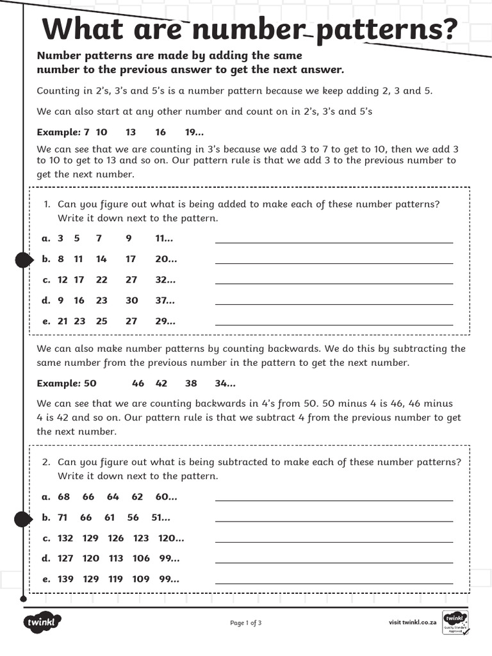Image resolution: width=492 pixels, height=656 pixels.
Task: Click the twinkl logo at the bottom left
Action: click(x=42, y=622)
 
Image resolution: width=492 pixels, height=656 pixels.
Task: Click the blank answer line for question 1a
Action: click(x=333, y=242)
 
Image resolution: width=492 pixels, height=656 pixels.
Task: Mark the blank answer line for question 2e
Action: click(x=333, y=582)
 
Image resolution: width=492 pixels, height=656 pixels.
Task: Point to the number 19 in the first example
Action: click(x=192, y=132)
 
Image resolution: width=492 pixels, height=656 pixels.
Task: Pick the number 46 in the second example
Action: click(x=138, y=384)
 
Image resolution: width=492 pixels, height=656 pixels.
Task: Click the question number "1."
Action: click(x=47, y=204)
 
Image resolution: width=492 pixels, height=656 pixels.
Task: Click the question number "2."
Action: click(x=47, y=462)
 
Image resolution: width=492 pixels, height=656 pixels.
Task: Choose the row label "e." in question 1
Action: click(x=46, y=322)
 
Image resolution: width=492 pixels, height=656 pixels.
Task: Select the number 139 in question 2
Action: click(x=65, y=579)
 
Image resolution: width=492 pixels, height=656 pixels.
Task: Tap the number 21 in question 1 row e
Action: click(x=63, y=322)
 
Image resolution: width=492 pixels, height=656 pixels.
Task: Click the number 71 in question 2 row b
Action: click(x=63, y=518)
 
